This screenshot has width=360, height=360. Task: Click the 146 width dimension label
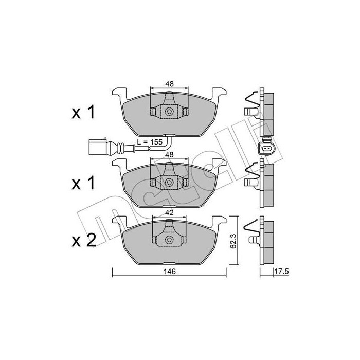pos(170,272)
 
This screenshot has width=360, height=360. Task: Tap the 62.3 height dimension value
pos(233,240)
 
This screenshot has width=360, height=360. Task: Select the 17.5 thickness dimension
pos(281,272)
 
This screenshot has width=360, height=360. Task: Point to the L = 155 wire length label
pos(150,142)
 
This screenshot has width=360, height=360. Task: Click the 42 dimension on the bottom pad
pos(169,213)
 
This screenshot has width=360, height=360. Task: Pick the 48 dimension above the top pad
pos(169,84)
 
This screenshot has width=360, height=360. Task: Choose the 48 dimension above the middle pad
pos(169,154)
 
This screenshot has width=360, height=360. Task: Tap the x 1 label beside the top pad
pos(83,112)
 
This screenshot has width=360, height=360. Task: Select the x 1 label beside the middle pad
pos(83,183)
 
